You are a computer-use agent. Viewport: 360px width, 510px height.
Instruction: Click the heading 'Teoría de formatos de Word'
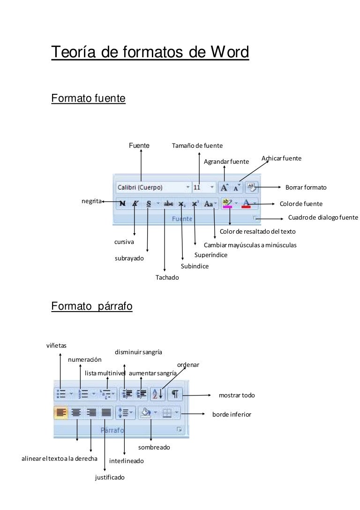click(150, 52)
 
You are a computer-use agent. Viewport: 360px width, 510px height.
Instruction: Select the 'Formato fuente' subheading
click(88, 99)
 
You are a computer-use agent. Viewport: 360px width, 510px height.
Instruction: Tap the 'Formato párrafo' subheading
click(92, 306)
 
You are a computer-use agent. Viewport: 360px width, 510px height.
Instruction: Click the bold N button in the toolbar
click(122, 204)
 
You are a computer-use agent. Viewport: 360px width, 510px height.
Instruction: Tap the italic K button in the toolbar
click(135, 204)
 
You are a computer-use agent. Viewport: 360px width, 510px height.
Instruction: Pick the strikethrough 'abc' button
click(168, 204)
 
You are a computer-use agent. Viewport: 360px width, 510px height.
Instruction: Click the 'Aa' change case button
click(209, 204)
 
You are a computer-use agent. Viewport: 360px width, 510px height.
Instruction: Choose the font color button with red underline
click(246, 204)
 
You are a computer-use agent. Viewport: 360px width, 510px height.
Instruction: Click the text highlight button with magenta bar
click(227, 204)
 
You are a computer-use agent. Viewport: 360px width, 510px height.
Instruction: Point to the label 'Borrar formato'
click(306, 187)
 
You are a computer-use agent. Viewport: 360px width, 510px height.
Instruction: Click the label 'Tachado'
click(167, 277)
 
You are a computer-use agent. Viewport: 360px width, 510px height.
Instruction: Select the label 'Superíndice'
click(210, 255)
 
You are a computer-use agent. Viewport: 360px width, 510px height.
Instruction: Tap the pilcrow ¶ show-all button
click(174, 394)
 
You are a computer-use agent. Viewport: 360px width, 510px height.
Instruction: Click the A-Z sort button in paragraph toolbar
click(157, 394)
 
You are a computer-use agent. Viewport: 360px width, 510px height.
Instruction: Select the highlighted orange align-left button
click(61, 413)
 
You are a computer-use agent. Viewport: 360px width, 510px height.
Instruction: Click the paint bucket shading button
click(146, 413)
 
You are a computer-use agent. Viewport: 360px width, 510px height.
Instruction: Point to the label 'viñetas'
click(56, 345)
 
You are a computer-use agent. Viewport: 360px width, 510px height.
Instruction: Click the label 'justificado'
click(110, 478)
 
